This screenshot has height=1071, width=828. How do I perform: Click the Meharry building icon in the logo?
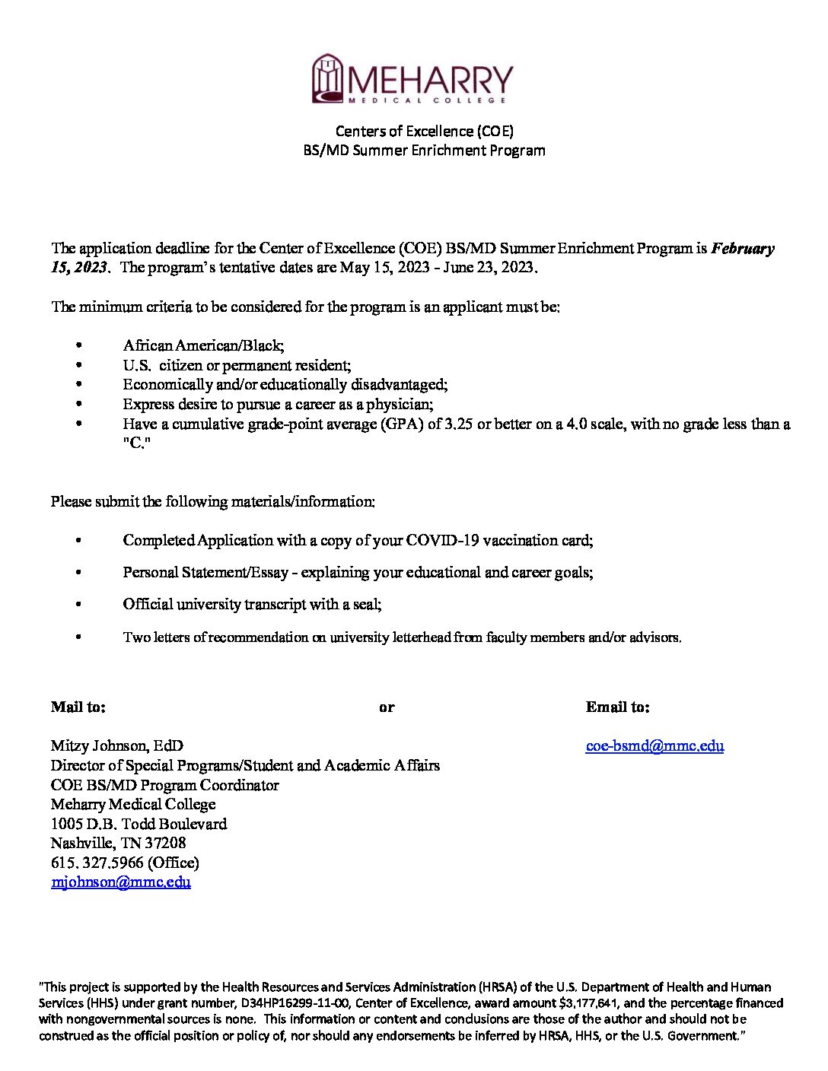pos(327,78)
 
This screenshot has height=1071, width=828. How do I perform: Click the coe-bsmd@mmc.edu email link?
pos(654,745)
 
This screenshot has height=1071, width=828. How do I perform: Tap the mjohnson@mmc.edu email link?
pos(120,882)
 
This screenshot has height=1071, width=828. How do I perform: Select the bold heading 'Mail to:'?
pos(78,707)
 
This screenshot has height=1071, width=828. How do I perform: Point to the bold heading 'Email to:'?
pos(617,707)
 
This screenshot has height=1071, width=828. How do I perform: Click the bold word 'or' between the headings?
pos(387,707)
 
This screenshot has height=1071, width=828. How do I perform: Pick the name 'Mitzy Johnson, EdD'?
pos(116,745)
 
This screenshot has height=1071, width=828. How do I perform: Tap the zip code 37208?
pos(165,843)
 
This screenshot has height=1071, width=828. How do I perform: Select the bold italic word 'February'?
pos(743,248)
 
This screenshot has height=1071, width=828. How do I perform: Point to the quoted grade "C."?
pos(137,443)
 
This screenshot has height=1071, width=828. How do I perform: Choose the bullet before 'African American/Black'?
pos(78,346)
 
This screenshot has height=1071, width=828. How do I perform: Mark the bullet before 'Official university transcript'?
pos(78,605)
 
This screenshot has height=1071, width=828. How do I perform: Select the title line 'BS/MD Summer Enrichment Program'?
pos(424,151)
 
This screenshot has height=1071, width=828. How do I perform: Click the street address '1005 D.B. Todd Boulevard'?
pos(139,824)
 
